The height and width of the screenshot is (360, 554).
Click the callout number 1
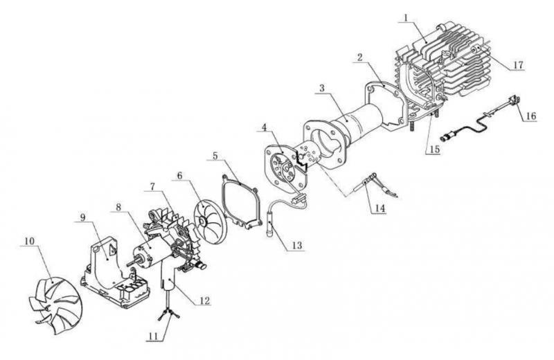pyautogui.click(x=406, y=17)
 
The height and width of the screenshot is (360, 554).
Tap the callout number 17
pyautogui.click(x=518, y=65)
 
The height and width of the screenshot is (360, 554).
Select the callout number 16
pyautogui.click(x=531, y=116)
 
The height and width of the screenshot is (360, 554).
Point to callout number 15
pyautogui.click(x=434, y=150)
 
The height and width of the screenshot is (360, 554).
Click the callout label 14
pyautogui.click(x=379, y=208)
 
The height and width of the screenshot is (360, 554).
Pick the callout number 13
pyautogui.click(x=297, y=245)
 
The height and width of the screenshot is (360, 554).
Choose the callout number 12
pyautogui.click(x=204, y=300)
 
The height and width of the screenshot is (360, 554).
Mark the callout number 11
pyautogui.click(x=153, y=336)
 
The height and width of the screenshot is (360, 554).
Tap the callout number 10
pyautogui.click(x=29, y=241)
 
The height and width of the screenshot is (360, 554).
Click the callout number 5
pyautogui.click(x=216, y=155)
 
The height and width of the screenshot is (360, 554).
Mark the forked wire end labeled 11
pyautogui.click(x=168, y=313)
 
